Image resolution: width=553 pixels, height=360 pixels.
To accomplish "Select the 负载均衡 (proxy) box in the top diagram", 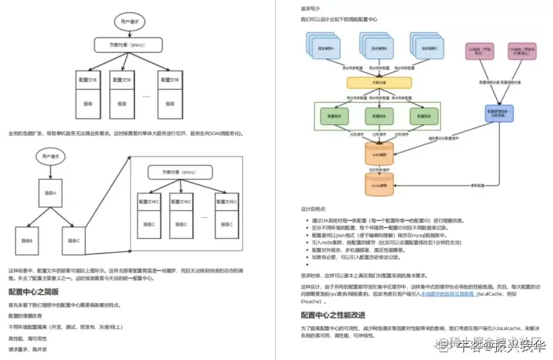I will (121, 45).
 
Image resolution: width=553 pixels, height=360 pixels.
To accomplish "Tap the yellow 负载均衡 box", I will (376, 81).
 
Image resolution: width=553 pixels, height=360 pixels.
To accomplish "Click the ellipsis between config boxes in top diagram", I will (146, 96).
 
